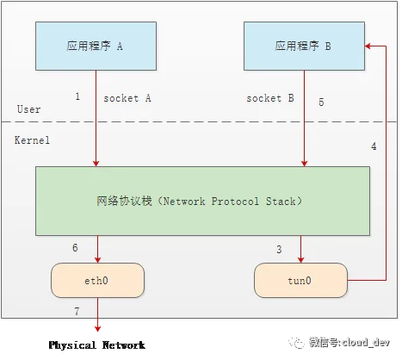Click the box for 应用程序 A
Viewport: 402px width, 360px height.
[x=96, y=46]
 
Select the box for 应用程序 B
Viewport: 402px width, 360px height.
[x=304, y=46]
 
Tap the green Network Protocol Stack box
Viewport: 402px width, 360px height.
[x=202, y=201]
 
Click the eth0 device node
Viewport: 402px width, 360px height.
[x=97, y=280]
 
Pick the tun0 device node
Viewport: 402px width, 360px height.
[x=300, y=280]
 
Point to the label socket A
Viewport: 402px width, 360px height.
[x=127, y=98]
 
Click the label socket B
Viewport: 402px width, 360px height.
[x=270, y=98]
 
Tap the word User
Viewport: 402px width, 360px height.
[x=28, y=109]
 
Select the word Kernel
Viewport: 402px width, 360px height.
[x=32, y=140]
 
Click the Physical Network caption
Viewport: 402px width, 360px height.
[x=97, y=344]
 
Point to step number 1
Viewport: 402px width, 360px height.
[x=77, y=96]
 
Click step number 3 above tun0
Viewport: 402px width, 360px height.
[x=279, y=249]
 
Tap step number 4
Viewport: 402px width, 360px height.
[x=374, y=146]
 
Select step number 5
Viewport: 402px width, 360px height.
[x=321, y=102]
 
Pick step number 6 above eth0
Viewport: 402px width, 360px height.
[x=75, y=247]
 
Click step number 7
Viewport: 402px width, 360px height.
[x=77, y=311]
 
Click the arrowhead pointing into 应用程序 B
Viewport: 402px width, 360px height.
[x=368, y=46]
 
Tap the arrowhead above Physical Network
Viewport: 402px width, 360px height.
[x=97, y=329]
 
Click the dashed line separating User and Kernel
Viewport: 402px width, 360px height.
[x=199, y=121]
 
